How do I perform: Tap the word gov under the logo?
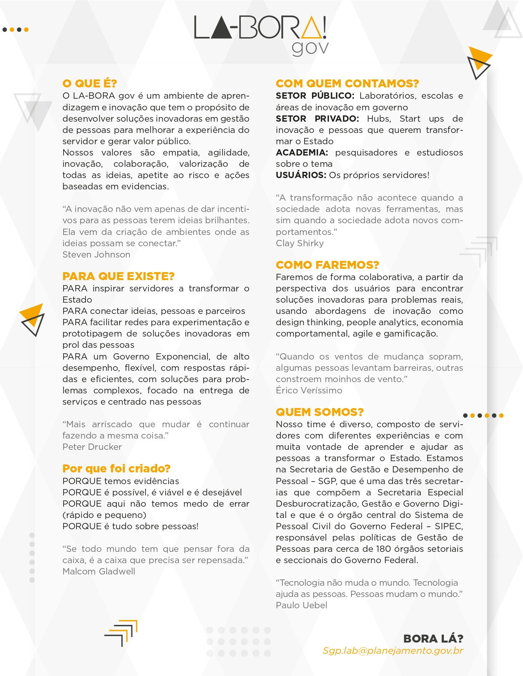point(310,48)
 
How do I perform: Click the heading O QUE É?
point(90,84)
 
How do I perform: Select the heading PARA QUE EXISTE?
point(118,276)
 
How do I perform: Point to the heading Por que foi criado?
point(116,469)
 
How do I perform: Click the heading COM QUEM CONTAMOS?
point(347,84)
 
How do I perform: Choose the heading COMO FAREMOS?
point(327,265)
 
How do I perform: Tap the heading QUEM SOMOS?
point(320,412)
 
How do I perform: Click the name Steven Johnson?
point(96,255)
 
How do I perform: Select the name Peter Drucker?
point(92,447)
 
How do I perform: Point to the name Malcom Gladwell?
point(99,571)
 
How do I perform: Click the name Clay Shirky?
point(300,243)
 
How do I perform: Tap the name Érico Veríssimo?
point(309,390)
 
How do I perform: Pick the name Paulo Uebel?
point(301,605)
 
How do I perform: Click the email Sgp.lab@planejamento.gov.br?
point(393,651)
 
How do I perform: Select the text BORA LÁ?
point(433,639)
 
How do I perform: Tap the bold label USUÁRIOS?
point(301,175)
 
